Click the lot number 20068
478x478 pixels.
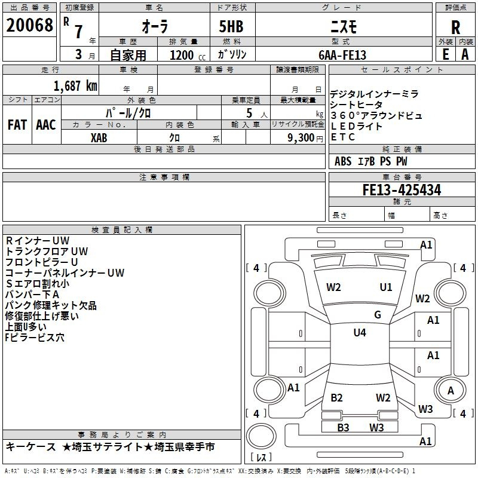click(x=29, y=25)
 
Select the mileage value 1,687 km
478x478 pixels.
click(x=75, y=86)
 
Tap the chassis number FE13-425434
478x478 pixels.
click(x=402, y=190)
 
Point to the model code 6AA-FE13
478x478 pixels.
click(x=342, y=55)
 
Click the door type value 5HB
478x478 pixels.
click(x=231, y=26)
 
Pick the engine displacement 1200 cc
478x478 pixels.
click(x=188, y=55)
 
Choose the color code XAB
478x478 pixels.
click(x=99, y=138)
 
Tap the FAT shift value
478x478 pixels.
click(x=17, y=125)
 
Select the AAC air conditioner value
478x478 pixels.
click(x=46, y=125)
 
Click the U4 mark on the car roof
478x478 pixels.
click(x=360, y=332)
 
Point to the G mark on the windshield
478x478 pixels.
click(x=378, y=314)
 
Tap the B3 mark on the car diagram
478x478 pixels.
click(x=343, y=427)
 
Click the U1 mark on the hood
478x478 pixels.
click(x=385, y=287)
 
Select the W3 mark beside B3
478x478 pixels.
click(x=376, y=427)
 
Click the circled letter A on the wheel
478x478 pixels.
click(x=451, y=391)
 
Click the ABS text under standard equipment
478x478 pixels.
click(x=343, y=161)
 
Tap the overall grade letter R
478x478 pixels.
click(x=455, y=27)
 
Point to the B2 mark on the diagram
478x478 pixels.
click(x=336, y=397)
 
